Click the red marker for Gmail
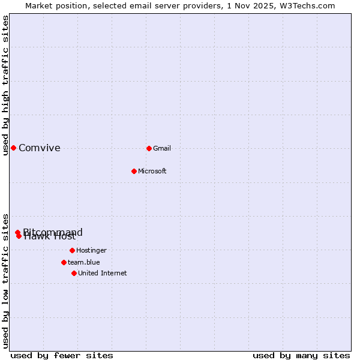click(x=149, y=148)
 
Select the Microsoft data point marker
click(x=134, y=171)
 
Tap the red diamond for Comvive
click(x=13, y=148)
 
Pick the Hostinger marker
click(x=72, y=250)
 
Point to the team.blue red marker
click(x=64, y=262)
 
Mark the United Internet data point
click(x=74, y=273)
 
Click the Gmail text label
click(x=162, y=148)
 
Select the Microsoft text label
click(x=152, y=171)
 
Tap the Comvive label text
click(x=40, y=148)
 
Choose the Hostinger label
click(x=91, y=250)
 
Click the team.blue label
click(x=84, y=262)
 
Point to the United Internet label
click(x=103, y=273)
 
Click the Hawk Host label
click(x=50, y=236)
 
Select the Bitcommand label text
click(x=53, y=232)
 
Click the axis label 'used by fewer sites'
click(x=62, y=355)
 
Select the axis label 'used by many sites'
click(x=301, y=355)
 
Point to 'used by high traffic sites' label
click(x=5, y=85)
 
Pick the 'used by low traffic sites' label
click(x=5, y=280)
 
